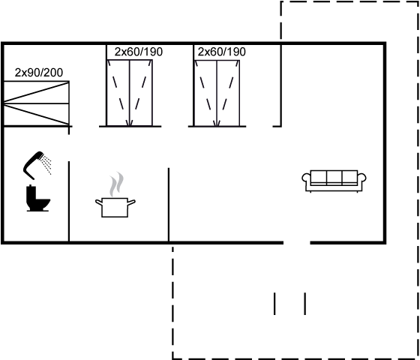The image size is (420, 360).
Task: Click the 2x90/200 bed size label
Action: (x=39, y=73)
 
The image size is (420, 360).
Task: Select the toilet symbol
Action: (x=37, y=198)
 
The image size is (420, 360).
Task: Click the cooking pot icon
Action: (x=115, y=207)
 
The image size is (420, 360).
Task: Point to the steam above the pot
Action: (x=117, y=184)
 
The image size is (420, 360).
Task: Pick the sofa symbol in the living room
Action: (x=334, y=181)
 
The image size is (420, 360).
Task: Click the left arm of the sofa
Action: (x=306, y=178)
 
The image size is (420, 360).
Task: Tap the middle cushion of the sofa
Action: (x=334, y=177)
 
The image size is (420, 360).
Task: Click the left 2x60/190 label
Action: (x=139, y=52)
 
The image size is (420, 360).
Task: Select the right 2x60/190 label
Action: (x=221, y=52)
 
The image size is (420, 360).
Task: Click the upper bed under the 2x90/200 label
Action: (x=37, y=92)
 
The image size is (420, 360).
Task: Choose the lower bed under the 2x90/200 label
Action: (x=37, y=114)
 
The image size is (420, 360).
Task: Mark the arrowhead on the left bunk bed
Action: (x=130, y=123)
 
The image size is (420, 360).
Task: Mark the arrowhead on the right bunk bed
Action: (x=217, y=123)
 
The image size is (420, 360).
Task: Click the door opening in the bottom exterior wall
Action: (x=297, y=243)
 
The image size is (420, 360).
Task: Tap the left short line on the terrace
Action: (x=274, y=304)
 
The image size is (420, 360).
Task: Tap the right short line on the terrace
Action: (x=305, y=304)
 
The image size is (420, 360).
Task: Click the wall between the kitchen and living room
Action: (x=169, y=205)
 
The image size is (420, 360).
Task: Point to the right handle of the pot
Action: (x=131, y=202)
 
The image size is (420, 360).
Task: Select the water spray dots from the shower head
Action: (x=46, y=164)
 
